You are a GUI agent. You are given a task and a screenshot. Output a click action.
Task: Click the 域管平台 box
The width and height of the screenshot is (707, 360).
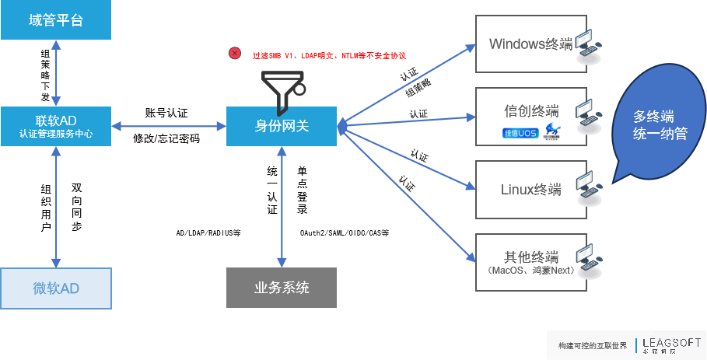(x=56, y=20)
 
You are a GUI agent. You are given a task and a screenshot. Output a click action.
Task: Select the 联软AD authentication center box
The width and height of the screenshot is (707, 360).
(x=56, y=126)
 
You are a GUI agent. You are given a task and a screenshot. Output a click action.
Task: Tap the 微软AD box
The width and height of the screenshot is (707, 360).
(x=56, y=288)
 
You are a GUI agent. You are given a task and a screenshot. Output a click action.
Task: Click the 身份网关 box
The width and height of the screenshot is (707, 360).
(x=282, y=126)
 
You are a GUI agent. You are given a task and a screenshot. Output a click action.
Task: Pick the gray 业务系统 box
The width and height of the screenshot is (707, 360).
(x=282, y=288)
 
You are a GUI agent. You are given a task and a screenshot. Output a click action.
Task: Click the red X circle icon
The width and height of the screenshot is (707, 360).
(x=235, y=54)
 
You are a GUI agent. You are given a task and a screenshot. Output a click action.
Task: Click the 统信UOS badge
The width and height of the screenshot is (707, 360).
(x=520, y=134)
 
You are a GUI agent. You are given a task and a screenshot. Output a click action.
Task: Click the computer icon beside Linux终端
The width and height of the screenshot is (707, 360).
(x=588, y=189)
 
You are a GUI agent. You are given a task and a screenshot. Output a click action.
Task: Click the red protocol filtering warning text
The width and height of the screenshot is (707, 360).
(x=329, y=56)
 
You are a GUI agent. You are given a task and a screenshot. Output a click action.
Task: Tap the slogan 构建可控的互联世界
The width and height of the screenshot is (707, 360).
(x=592, y=345)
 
